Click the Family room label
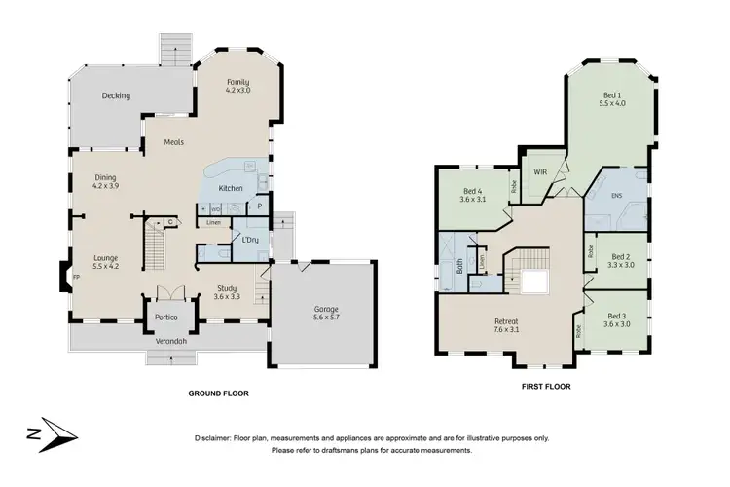point(238,86)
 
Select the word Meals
point(174,142)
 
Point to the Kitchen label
point(231,188)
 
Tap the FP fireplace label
point(75,277)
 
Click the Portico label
point(163,318)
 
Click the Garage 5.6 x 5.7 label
point(321,313)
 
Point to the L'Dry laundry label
point(249,239)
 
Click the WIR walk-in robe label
point(541,171)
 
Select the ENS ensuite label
point(616,197)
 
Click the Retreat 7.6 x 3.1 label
point(506,326)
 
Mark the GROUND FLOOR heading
point(218,393)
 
